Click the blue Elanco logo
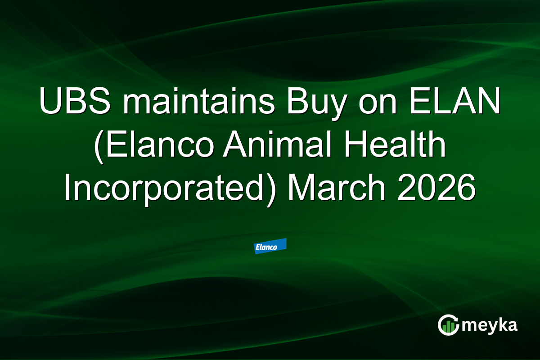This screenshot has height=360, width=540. (x=270, y=246)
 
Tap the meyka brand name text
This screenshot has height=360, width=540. (x=490, y=325)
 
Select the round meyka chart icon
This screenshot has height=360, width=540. (x=448, y=325)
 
